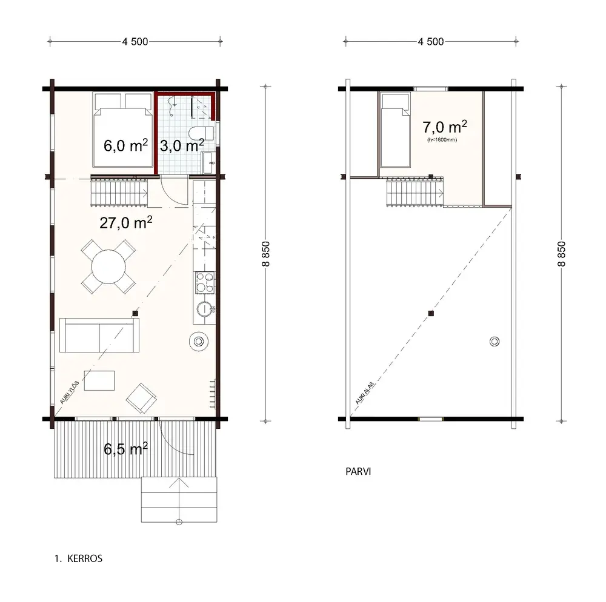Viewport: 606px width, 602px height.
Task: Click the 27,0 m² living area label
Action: [x=125, y=222]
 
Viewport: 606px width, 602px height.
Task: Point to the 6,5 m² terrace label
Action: [x=125, y=449]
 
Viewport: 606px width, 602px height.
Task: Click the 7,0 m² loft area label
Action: [x=444, y=127]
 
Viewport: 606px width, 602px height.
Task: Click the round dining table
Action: [x=108, y=265]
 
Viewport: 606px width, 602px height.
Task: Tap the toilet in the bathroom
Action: [x=202, y=133]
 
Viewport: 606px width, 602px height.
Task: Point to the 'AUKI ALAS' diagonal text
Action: [x=364, y=393]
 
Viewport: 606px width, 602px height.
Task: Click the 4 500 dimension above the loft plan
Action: [x=430, y=42]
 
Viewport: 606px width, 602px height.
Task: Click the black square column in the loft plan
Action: [x=430, y=313]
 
